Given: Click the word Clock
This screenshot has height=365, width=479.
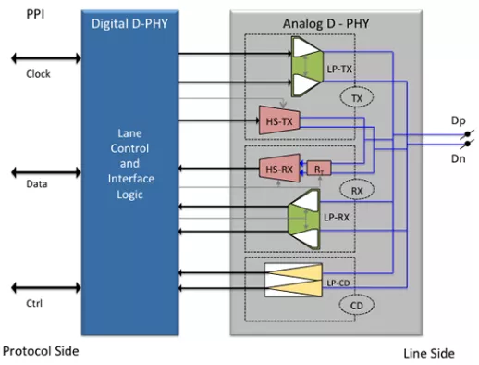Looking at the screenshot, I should [38, 74].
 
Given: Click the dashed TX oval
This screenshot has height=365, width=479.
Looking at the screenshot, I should [354, 95].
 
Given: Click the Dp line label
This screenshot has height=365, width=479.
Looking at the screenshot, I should [458, 121].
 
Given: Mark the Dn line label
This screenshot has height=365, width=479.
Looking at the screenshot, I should [458, 158].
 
